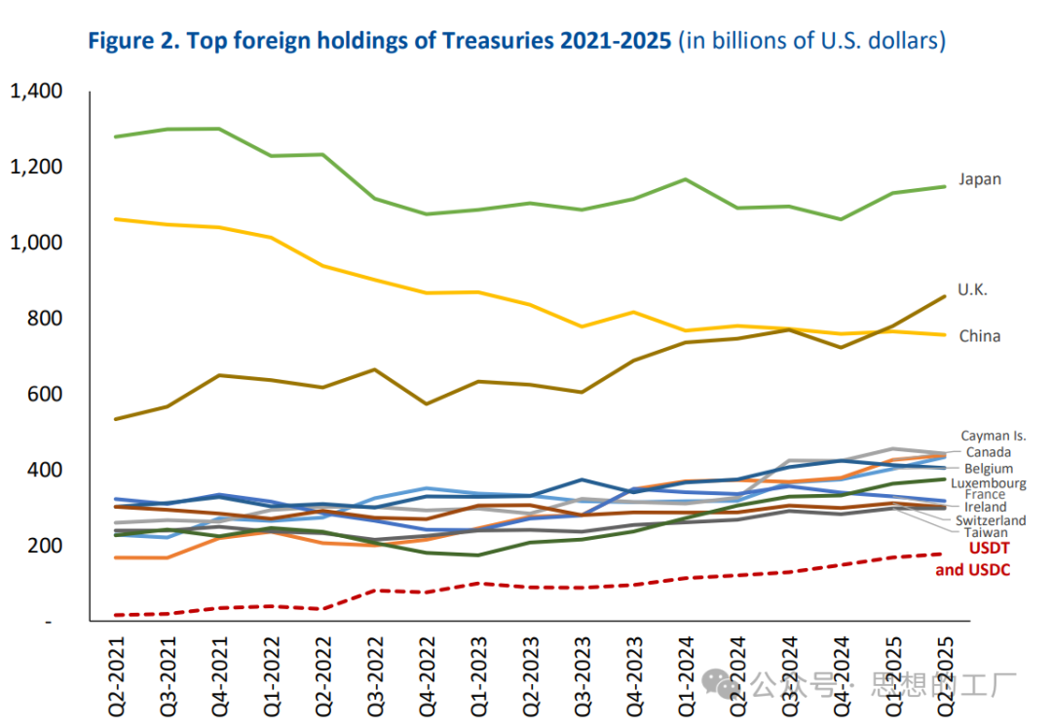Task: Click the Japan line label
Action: (x=979, y=179)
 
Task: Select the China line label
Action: (x=979, y=336)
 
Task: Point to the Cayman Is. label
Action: (x=993, y=437)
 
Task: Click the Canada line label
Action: (x=988, y=452)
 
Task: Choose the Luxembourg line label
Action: (x=988, y=483)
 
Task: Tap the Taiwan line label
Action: (x=986, y=533)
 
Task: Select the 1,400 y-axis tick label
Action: (x=36, y=92)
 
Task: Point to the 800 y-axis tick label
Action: (x=45, y=319)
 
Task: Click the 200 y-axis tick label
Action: (x=45, y=546)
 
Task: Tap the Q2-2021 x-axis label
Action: (x=118, y=667)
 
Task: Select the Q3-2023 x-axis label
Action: (x=582, y=667)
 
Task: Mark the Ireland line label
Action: (x=985, y=508)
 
